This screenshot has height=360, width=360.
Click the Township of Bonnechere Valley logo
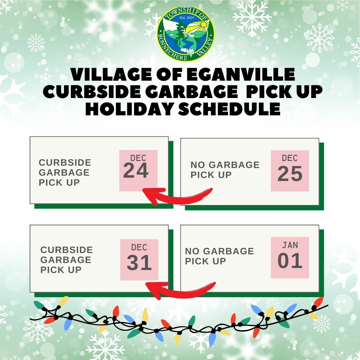[186, 34]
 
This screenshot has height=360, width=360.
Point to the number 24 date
[136, 171]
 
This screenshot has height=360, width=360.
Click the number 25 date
[290, 174]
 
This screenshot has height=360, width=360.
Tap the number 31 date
[139, 263]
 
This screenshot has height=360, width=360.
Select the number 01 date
[290, 261]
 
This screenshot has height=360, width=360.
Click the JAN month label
[290, 245]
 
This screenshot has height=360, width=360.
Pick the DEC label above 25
[290, 158]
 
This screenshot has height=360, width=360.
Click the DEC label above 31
[139, 247]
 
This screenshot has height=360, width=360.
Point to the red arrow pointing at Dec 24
[177, 198]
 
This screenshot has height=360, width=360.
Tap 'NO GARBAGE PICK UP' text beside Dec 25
[225, 170]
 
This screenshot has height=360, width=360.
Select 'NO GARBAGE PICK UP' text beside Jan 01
[219, 256]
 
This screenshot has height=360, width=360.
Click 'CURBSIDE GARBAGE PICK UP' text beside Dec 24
[65, 172]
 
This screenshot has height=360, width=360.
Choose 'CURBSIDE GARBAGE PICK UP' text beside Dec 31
[67, 260]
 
